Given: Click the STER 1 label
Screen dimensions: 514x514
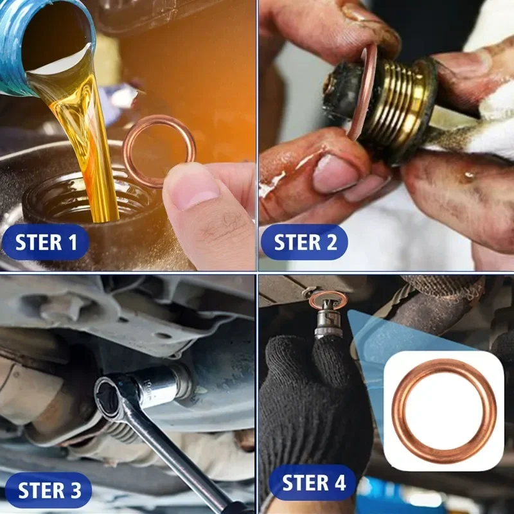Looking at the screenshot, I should (x=46, y=242).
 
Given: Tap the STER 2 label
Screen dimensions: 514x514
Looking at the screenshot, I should (x=305, y=242).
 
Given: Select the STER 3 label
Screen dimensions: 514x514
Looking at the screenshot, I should (x=49, y=490).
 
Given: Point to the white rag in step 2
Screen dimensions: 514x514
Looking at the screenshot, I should (x=488, y=122).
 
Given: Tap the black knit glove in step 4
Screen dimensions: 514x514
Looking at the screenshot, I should (x=308, y=398).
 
